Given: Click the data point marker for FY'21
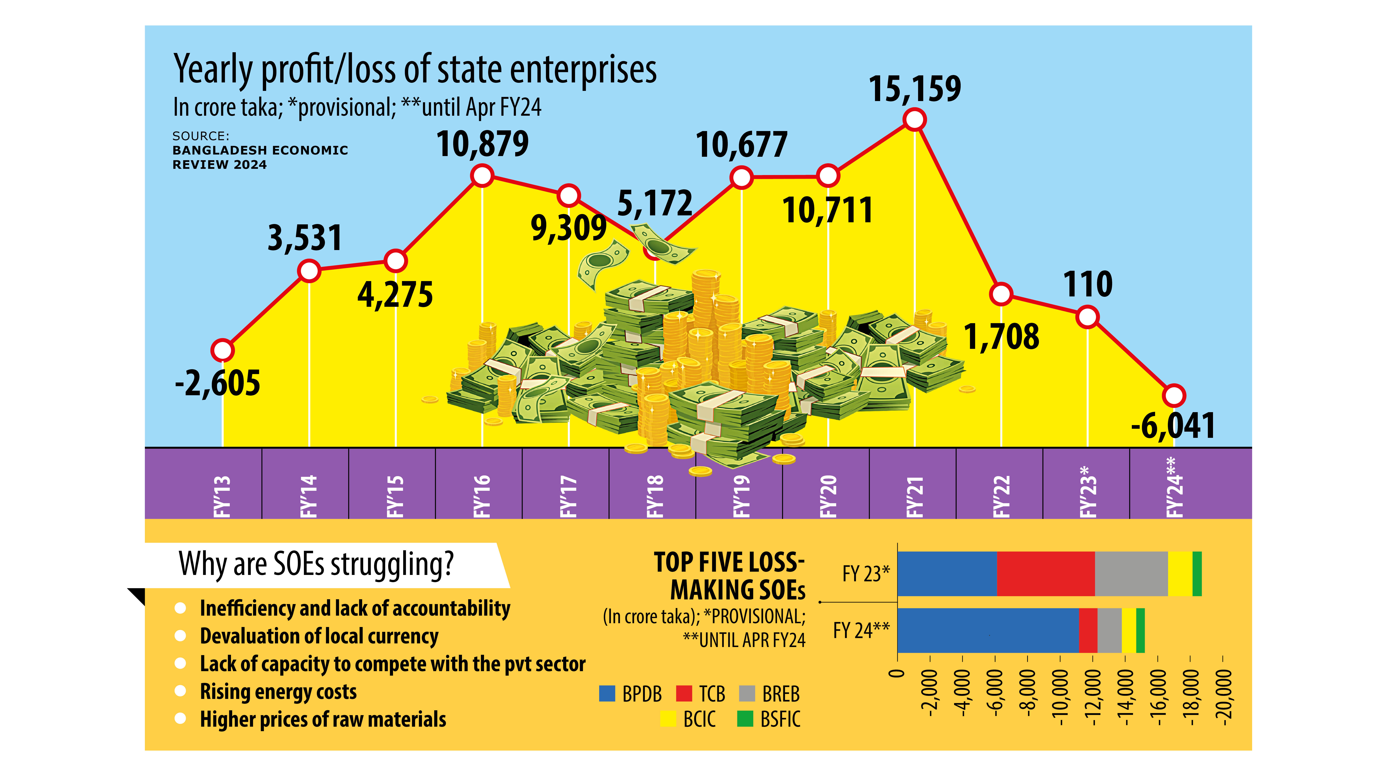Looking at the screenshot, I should point(914,119).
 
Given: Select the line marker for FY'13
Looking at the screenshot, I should point(222,350).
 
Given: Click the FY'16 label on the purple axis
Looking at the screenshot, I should point(482,495).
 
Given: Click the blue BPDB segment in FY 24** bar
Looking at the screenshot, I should point(988,630).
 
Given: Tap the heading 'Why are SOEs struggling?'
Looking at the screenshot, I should point(316,564).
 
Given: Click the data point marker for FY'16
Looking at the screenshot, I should point(482,176).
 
